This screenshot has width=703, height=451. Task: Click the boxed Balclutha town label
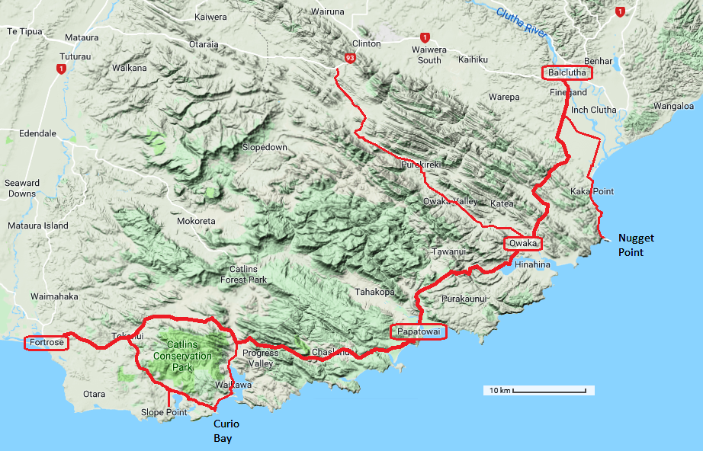click(567, 73)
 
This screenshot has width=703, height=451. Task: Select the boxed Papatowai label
click(416, 332)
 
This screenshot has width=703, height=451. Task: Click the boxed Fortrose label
click(46, 343)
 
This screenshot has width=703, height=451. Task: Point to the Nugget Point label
click(636, 245)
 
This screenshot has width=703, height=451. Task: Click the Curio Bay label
click(228, 431)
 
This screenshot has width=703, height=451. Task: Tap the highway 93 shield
click(349, 57)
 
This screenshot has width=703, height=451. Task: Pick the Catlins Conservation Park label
click(182, 356)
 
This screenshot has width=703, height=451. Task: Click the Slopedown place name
click(265, 147)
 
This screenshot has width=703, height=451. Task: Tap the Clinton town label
click(366, 43)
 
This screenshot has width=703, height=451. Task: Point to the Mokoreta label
click(196, 221)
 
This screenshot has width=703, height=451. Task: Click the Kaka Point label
click(592, 191)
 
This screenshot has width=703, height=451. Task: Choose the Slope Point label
click(164, 413)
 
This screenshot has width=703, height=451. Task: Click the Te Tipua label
click(24, 31)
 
